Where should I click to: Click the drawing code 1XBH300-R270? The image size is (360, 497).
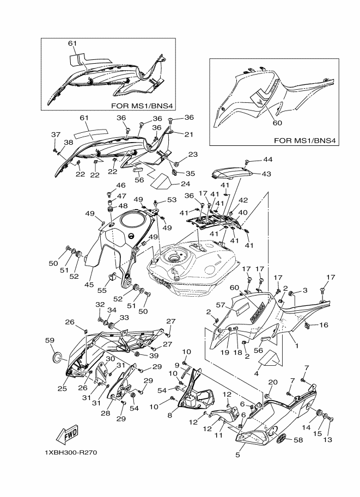coord(71,452)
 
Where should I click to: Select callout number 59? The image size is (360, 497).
coord(50,340)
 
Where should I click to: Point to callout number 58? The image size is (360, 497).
coord(298,440)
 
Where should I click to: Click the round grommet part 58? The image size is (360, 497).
coord(280,439)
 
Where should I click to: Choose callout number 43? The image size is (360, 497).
coord(266,174)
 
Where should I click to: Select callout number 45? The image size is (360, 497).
coord(89,284)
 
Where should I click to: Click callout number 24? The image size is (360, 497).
coord(185,183)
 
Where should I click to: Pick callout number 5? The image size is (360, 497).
coord(237,456)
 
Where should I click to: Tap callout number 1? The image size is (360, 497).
coord(297,346)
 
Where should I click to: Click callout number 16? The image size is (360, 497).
coord(324,325)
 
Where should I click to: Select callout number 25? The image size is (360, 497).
coord(62,388)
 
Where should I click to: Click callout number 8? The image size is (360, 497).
coord(170,415)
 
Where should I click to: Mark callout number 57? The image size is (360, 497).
coord(221,305)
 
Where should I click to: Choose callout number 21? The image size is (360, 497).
coord(189,134)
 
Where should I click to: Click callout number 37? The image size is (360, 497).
coord(56,134)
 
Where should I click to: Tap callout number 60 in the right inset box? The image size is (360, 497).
coord(277,122)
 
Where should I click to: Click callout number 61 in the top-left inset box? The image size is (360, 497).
coord(72,44)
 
